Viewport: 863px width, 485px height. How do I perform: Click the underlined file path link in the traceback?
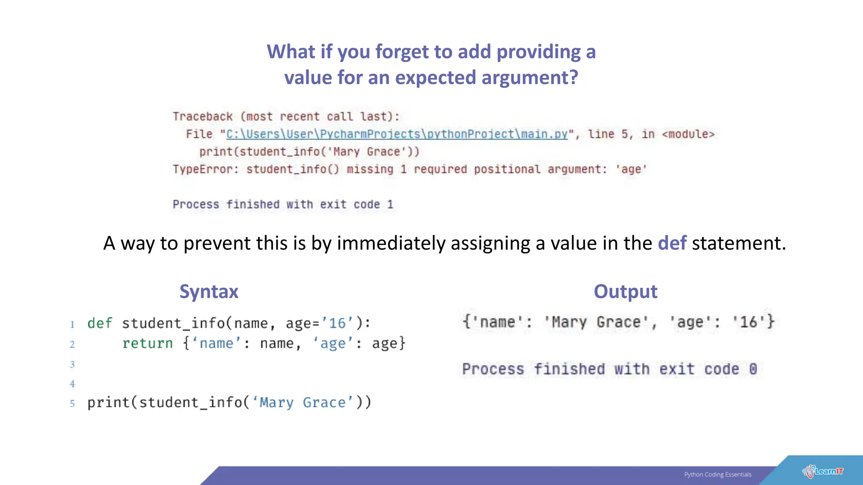tap(397, 134)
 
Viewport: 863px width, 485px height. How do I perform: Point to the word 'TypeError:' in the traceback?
tap(205, 169)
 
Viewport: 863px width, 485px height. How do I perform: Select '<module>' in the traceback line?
tap(688, 134)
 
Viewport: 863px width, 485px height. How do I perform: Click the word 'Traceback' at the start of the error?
tap(203, 117)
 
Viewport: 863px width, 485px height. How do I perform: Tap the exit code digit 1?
tap(390, 205)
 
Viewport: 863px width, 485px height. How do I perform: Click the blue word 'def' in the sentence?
tap(672, 243)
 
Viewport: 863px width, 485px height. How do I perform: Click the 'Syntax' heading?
tap(209, 292)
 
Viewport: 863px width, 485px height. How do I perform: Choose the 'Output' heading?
tap(625, 292)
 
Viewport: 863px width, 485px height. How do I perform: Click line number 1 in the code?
tap(72, 325)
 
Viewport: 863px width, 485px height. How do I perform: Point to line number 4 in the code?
tap(72, 384)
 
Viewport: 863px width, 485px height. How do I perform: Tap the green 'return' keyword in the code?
tap(147, 344)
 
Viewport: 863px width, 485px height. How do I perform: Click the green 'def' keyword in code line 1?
tap(100, 323)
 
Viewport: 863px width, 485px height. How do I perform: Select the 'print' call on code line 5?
tap(108, 402)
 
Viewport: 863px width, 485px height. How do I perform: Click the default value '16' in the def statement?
tap(337, 323)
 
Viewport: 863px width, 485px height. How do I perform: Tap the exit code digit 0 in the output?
tap(753, 369)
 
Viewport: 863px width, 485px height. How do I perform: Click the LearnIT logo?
tap(823, 472)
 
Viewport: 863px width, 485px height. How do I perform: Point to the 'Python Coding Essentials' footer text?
tap(718, 474)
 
